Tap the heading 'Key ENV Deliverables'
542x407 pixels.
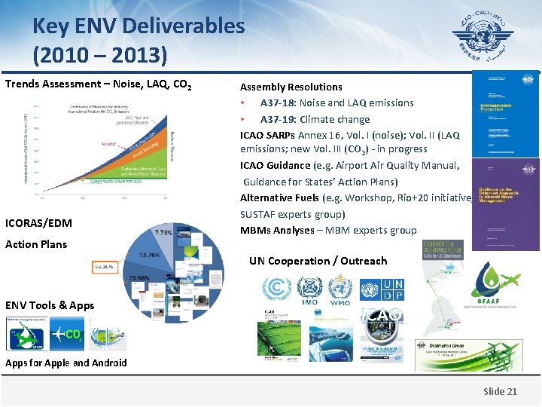coord(139,26)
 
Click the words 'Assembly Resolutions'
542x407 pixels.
coord(291,87)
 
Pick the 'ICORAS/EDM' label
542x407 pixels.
coord(38,222)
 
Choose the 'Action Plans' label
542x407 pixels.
coord(36,244)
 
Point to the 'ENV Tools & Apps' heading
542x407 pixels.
coord(50,305)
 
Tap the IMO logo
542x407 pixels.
coord(309,291)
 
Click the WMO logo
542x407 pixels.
coord(340,291)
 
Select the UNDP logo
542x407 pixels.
coord(392,290)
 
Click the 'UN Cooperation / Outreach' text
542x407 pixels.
coord(318,261)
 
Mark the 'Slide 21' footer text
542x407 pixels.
coord(500,391)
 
